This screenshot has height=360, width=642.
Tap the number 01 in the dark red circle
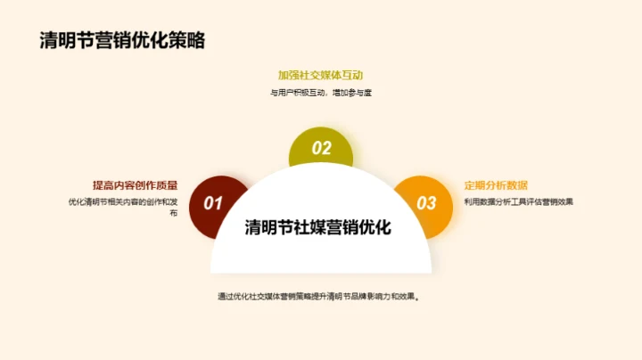coord(213,203)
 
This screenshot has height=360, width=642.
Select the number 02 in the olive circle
coord(321,149)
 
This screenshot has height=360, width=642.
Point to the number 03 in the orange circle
coord(427,203)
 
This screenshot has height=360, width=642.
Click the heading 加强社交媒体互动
coord(320,75)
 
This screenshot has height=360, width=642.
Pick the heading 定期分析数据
coord(490,185)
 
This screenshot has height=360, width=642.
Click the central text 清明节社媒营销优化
coord(318,227)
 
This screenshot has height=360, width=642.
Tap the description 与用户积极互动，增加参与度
coord(320,93)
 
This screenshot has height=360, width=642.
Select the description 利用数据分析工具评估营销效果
coord(518,201)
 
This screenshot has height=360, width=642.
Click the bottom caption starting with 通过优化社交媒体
coord(318,296)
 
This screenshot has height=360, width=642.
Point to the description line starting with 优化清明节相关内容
coord(123,201)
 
